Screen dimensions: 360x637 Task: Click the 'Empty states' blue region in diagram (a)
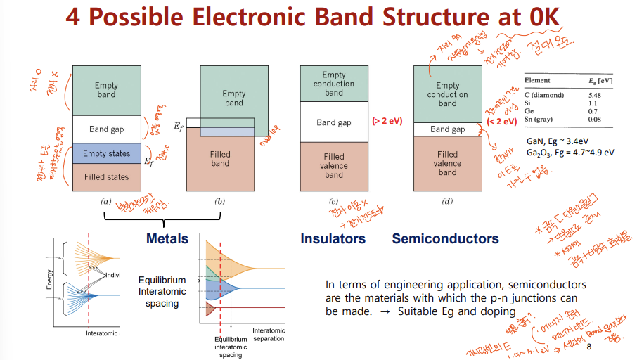106,153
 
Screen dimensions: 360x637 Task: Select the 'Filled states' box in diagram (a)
106,177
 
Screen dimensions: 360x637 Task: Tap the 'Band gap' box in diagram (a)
106,129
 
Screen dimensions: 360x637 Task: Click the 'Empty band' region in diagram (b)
234,98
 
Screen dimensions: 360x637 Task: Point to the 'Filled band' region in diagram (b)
219,160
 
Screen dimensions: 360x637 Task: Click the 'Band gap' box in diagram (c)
333,122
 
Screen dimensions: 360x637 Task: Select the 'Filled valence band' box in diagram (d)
447,163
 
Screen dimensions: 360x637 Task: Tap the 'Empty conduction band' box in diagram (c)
333,84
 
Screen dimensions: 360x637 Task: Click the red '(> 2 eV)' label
387,122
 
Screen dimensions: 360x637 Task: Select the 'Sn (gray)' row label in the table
543,120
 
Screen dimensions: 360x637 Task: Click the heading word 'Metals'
167,238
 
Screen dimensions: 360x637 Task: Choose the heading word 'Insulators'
333,238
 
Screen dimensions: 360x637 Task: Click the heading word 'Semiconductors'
445,238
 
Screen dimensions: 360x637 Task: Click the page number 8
589,347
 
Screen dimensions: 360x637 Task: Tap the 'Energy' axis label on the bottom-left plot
49,279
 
